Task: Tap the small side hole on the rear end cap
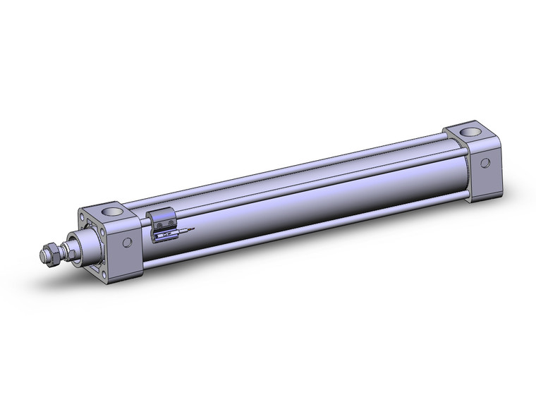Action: point(485,163)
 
